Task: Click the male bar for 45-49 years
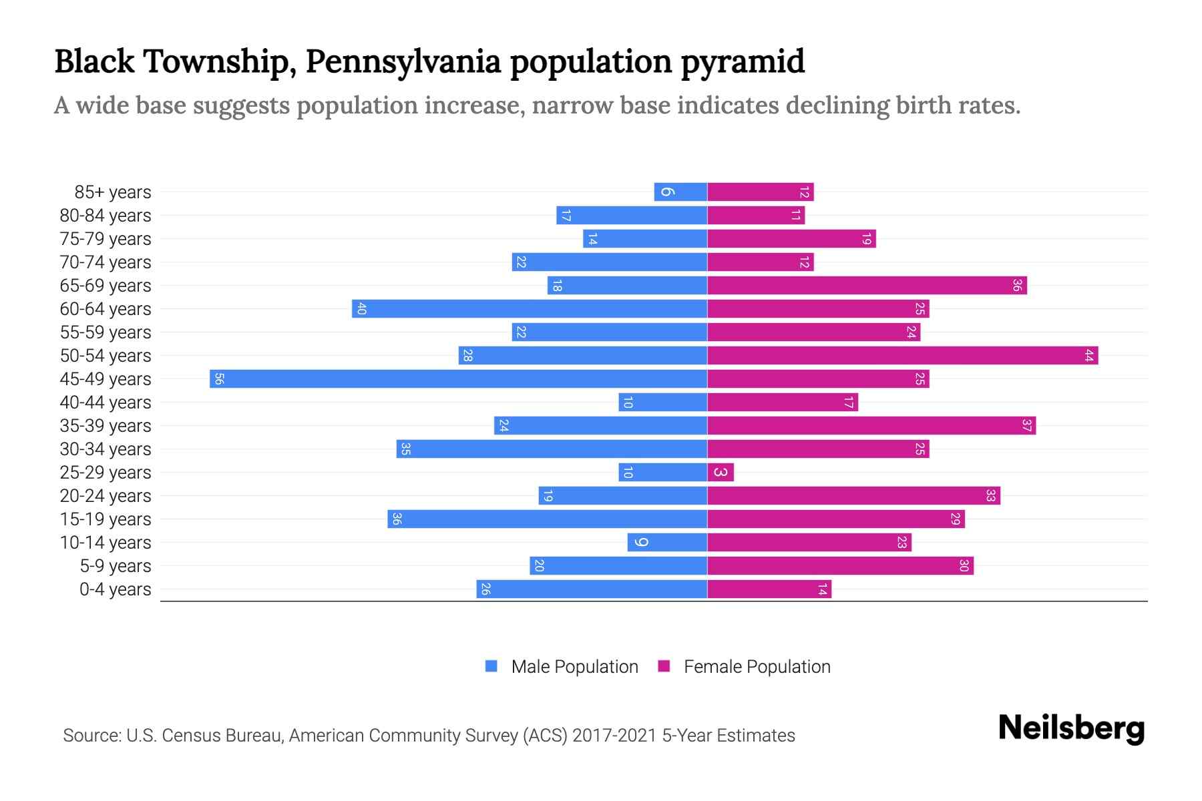pos(458,379)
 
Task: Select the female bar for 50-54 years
pos(901,356)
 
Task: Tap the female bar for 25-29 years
pos(721,473)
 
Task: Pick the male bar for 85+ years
pos(680,192)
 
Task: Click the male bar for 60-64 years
pos(529,309)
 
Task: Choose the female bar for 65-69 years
pos(866,286)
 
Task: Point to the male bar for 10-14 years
pos(667,543)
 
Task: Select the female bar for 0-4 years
pos(769,589)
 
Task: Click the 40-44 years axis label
pos(106,403)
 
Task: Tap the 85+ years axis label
pos(113,192)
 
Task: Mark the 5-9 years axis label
pos(116,566)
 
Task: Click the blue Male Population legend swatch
pos(491,666)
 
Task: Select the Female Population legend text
pos(757,667)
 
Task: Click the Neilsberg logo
pos(1071,728)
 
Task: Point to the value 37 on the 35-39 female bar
pos(1026,426)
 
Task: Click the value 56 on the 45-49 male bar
pos(219,379)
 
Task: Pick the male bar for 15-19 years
pos(547,519)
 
